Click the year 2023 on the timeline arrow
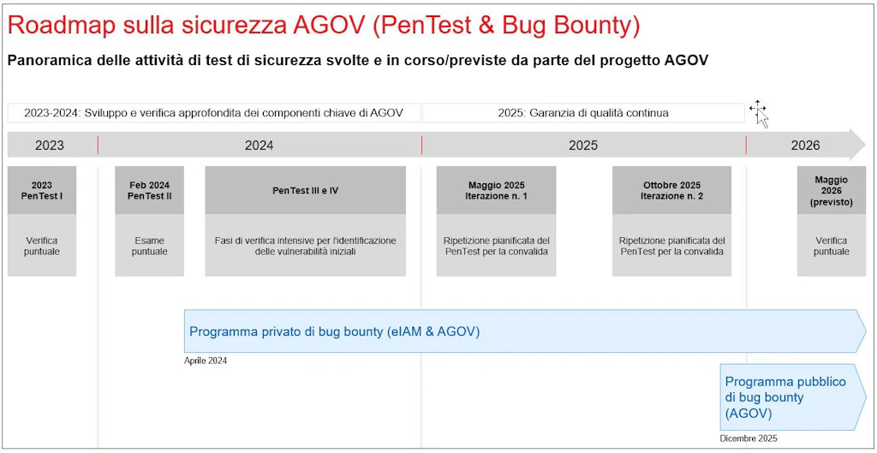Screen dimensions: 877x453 49,146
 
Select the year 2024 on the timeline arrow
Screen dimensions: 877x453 259,146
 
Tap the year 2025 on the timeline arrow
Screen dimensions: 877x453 583,146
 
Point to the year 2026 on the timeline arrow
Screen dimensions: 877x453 805,146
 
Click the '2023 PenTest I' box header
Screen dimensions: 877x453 42,190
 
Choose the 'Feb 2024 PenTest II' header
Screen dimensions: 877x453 149,190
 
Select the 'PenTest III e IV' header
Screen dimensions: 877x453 306,190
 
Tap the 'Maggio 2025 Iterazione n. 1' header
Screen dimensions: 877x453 496,190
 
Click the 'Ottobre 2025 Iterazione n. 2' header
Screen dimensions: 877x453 671,190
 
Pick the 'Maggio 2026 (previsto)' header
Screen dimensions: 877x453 831,190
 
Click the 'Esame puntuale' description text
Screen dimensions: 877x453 149,246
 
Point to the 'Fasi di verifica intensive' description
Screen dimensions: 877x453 306,246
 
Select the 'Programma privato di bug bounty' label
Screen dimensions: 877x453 335,331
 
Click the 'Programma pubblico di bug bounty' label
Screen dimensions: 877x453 785,397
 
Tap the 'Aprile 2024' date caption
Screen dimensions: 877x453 206,361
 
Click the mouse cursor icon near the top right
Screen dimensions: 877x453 760,114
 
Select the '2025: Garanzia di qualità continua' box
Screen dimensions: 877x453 583,113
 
